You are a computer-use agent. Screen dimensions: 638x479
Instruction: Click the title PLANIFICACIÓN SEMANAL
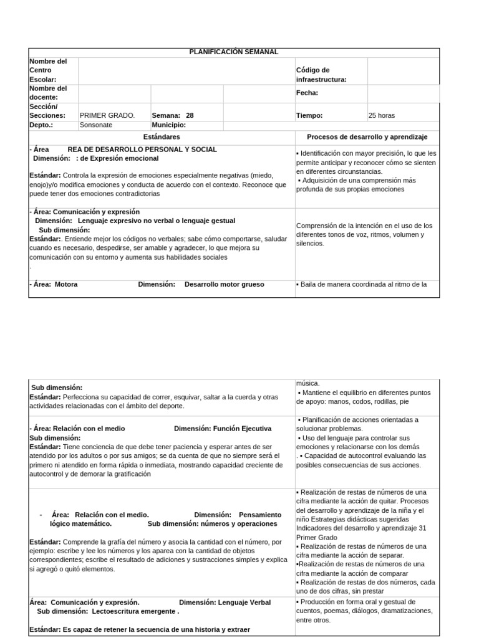(x=234, y=52)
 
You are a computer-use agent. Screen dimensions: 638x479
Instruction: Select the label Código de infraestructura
(x=321, y=75)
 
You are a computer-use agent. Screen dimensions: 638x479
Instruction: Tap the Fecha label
(x=307, y=93)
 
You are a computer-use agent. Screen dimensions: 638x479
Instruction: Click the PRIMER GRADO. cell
(x=107, y=115)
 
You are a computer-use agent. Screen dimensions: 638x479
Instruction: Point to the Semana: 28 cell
(x=173, y=115)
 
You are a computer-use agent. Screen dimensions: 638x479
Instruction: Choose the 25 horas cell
(x=382, y=115)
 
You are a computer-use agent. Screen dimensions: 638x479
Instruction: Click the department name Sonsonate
(x=96, y=125)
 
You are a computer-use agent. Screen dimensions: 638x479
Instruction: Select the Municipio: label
(x=168, y=125)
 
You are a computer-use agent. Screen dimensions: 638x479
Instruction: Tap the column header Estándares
(x=162, y=136)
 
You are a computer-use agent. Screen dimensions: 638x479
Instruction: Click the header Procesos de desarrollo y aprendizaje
(x=367, y=136)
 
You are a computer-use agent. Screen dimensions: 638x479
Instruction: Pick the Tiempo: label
(x=309, y=115)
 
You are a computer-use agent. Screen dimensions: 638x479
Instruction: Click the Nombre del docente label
(x=48, y=93)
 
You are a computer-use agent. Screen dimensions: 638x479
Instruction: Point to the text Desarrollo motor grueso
(x=225, y=284)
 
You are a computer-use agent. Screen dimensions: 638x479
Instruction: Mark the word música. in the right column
(x=307, y=383)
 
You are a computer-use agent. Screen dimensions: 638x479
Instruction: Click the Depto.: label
(x=41, y=125)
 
